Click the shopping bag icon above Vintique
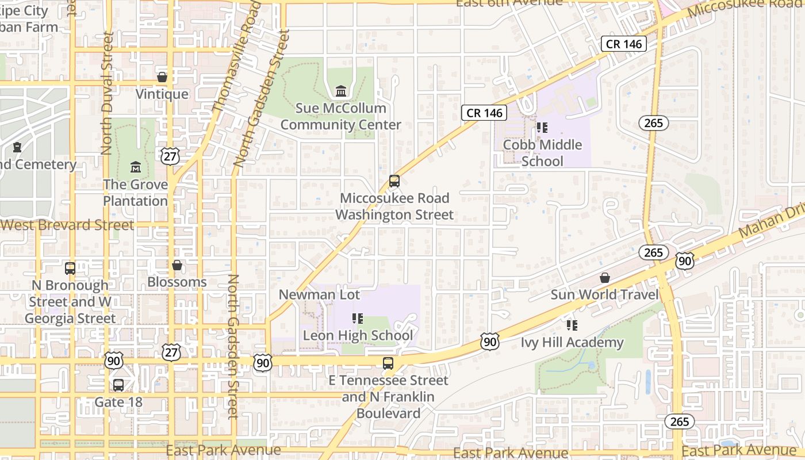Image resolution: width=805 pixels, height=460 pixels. [162, 77]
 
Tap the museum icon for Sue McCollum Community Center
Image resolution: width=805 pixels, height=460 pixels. [341, 91]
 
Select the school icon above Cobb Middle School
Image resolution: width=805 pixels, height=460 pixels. [542, 128]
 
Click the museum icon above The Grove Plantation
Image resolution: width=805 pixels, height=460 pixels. [136, 167]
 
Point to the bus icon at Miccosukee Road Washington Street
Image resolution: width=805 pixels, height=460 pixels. [394, 181]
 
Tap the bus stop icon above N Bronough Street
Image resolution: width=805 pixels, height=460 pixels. [70, 269]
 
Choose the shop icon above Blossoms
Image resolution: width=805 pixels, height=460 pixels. [177, 265]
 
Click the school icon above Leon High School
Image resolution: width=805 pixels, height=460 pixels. [358, 319]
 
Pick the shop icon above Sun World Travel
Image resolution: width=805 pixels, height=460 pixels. [605, 278]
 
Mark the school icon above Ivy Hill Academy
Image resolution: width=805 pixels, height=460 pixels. [572, 325]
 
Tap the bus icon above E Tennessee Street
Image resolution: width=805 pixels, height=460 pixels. [388, 363]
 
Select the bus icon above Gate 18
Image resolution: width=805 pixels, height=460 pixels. [118, 385]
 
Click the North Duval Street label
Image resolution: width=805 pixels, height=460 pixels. [106, 93]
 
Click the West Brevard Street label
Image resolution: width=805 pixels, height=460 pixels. [67, 225]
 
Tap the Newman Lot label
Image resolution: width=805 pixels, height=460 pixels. [319, 295]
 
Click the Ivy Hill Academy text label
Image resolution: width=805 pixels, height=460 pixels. [572, 343]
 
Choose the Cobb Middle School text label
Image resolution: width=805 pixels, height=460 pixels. [543, 153]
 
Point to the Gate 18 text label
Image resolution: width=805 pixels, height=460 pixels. [118, 402]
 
